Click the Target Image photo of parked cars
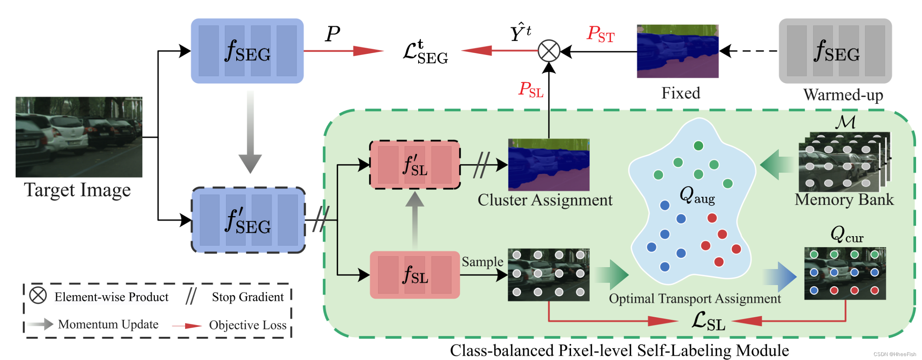[x=79, y=137]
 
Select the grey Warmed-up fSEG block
[x=835, y=51]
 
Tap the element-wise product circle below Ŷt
[x=549, y=51]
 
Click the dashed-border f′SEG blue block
[x=248, y=220]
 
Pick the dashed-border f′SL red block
[x=415, y=165]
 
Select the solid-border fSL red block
[x=415, y=275]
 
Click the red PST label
[x=600, y=35]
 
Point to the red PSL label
[x=531, y=90]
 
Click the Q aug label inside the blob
[x=697, y=195]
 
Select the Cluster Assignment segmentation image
[x=549, y=165]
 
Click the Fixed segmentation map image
[x=678, y=51]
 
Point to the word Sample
[x=482, y=262]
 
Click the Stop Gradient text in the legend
[x=248, y=297]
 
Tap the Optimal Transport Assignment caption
[x=694, y=299]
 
